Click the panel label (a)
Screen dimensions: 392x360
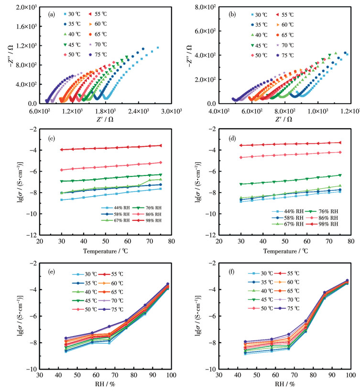[x=52, y=14]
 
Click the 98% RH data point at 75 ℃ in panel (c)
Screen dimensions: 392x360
[x=160, y=145]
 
